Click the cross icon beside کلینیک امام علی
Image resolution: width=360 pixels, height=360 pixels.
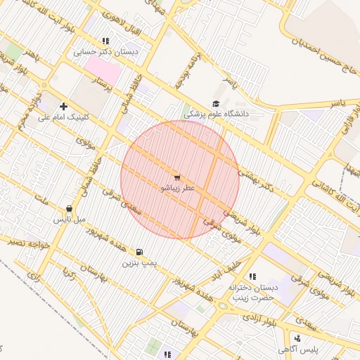63,105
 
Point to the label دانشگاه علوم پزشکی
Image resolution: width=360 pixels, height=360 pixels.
220,113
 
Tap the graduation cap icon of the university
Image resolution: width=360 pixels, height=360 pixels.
215,103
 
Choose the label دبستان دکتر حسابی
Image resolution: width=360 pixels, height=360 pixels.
107,51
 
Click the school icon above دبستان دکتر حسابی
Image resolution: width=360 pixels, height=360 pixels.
105,41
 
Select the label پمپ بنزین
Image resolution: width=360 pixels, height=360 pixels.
138,263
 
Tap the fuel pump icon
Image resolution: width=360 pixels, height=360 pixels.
139,252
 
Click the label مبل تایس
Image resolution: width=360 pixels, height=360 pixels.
71,219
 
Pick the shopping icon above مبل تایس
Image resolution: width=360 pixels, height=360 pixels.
69,208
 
